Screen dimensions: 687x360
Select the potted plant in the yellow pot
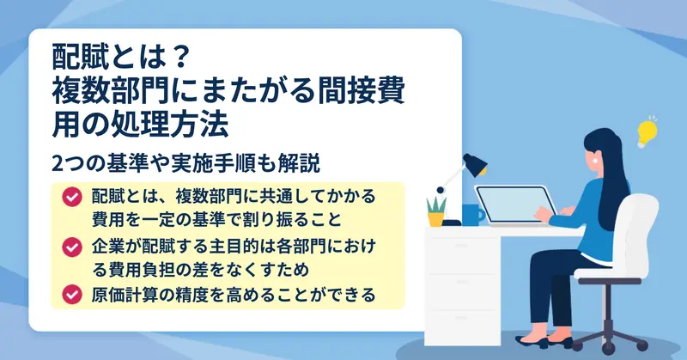[436, 211]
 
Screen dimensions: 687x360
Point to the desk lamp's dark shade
[475, 164]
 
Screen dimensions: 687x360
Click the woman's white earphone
[595, 160]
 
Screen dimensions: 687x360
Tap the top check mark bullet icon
[72, 197]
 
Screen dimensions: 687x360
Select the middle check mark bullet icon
[72, 247]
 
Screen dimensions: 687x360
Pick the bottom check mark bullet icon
[72, 294]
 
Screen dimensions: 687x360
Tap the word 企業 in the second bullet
[108, 247]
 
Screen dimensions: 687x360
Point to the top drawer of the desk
[462, 250]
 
